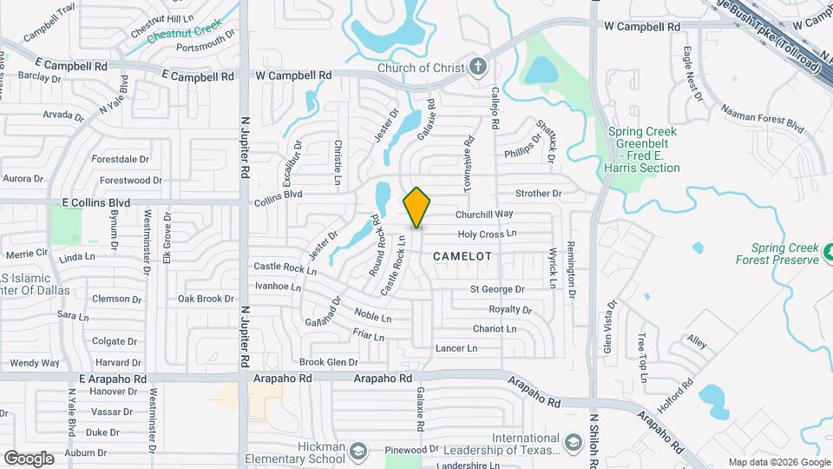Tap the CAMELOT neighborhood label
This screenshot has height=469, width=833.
pos(462,256)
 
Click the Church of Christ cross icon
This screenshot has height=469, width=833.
pos(477,68)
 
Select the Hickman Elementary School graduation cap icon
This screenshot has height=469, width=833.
pos(359,450)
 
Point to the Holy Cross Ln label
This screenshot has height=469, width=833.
pos(487,234)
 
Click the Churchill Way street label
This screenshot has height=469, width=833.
pos(484,214)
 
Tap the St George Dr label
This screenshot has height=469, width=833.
pos(497,289)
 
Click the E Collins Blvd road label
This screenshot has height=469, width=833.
pos(95,202)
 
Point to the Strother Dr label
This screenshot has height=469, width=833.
pos(538,194)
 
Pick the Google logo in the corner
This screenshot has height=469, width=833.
pos(29,458)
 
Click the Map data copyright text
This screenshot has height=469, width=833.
pos(778,462)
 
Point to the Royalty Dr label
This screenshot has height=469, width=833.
pos(509,309)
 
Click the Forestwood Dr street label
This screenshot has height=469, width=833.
pos(130,181)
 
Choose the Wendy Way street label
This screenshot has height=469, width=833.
pos(35,363)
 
